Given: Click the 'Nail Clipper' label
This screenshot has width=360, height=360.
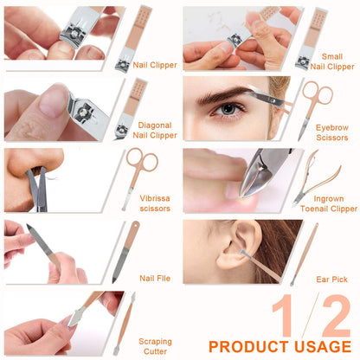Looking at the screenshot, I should tap(155, 65).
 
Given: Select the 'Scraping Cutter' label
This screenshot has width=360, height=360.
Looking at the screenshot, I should tap(155, 347).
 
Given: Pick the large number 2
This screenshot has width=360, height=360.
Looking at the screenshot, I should tap(334, 317).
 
